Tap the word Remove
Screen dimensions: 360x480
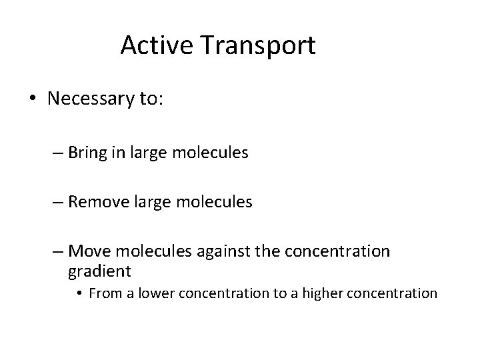pyautogui.click(x=100, y=201)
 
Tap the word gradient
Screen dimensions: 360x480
pyautogui.click(x=100, y=271)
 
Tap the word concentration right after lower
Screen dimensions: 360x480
pyautogui.click(x=209, y=293)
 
